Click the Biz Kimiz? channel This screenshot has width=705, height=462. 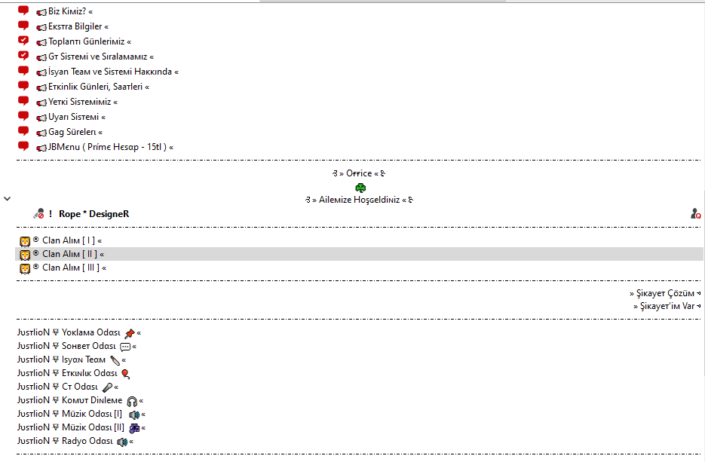pos(67,11)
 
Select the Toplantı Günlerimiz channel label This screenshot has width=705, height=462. pos(86,41)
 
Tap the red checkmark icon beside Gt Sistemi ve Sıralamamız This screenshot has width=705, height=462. pos(23,56)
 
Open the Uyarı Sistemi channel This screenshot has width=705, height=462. pos(73,117)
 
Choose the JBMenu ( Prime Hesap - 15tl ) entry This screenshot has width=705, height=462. pos(108,147)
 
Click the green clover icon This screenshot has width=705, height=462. pos(360,188)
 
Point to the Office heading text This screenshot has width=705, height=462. pos(359,173)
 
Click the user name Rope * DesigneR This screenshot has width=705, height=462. pos(94,214)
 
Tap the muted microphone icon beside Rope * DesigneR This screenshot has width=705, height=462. pos(38,213)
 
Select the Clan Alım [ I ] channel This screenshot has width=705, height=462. pos(69,240)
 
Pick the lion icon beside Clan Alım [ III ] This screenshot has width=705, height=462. pos(25,268)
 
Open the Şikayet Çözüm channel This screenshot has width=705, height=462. pos(665,293)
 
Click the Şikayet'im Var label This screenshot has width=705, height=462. pos(667,306)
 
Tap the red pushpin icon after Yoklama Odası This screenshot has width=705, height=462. pos(130,333)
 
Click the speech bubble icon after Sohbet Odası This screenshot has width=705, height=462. pos(125,347)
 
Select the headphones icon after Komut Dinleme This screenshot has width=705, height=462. pos(132,401)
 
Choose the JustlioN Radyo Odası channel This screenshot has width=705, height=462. pos(65,441)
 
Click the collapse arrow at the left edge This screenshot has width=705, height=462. pos(8,198)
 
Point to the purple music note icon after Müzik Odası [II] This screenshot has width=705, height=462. pos(134,428)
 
